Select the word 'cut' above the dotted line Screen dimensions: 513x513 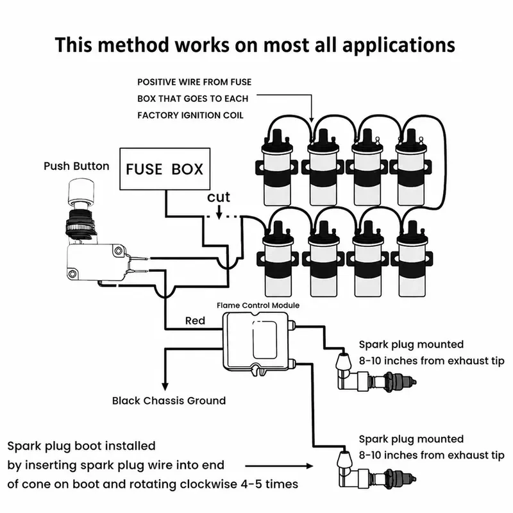coord(219,197)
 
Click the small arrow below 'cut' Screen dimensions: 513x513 coord(219,212)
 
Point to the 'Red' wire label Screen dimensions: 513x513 coord(196,321)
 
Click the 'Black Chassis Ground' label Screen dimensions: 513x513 coord(169,401)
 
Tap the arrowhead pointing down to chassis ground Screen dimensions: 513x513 coord(165,386)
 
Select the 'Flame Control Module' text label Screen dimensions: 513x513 coord(258,305)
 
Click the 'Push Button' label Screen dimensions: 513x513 coord(76,166)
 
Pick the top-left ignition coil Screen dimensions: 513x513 coord(277,167)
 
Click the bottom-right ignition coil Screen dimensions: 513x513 coord(412,259)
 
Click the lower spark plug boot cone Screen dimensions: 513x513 coord(344,458)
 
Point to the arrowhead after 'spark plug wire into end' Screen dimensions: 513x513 coord(309,466)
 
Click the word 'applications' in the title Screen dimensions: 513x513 coord(398,45)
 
